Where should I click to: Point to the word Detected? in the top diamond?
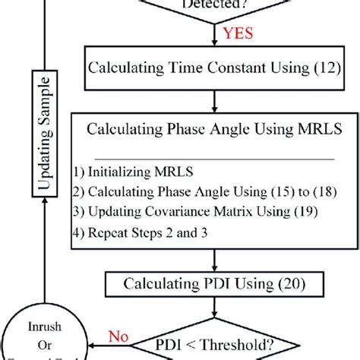[x=213, y=5]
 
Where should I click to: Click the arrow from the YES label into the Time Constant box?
[x=213, y=38]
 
